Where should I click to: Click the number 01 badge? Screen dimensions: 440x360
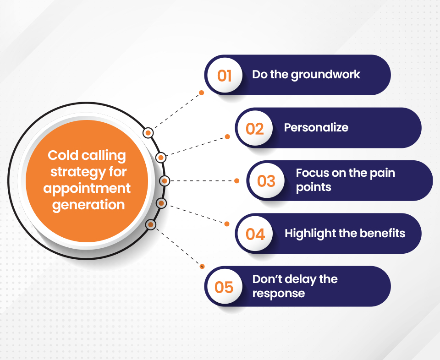pyautogui.click(x=225, y=75)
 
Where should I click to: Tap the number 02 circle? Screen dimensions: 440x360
pyautogui.click(x=255, y=128)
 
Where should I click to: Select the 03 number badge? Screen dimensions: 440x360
pyautogui.click(x=267, y=181)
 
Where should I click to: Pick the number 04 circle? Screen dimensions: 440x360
pyautogui.click(x=255, y=234)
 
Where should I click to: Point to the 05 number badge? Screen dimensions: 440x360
pyautogui.click(x=225, y=287)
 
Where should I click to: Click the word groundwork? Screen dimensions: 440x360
pyautogui.click(x=325, y=75)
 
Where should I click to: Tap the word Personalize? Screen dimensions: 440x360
pyautogui.click(x=316, y=128)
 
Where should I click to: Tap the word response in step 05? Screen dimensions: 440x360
pyautogui.click(x=278, y=294)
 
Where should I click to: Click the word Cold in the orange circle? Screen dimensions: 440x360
pyautogui.click(x=63, y=155)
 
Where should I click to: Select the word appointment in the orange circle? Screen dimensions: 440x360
pyautogui.click(x=87, y=189)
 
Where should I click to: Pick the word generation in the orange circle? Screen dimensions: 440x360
pyautogui.click(x=88, y=205)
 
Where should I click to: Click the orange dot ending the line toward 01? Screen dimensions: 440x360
pyautogui.click(x=201, y=93)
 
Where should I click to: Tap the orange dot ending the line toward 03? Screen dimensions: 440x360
pyautogui.click(x=236, y=181)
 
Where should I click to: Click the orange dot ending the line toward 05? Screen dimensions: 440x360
pyautogui.click(x=202, y=267)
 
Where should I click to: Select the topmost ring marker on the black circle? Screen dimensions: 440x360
pyautogui.click(x=148, y=133)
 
